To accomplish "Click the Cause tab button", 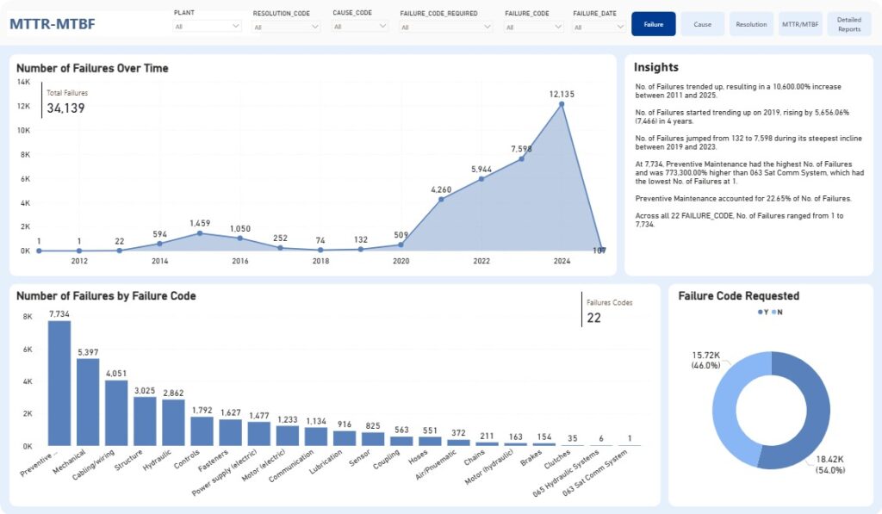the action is pos(703,24).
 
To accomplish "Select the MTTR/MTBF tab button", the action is pos(800,24).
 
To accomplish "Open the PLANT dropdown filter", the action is pos(207,27).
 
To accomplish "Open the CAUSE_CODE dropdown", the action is pos(360,27).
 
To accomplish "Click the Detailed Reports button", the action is pos(848,24).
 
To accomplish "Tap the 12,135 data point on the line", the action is pos(562,104).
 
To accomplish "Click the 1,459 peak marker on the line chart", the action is pos(200,233).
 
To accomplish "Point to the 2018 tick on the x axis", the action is pos(320,261).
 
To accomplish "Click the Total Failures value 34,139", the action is pos(65,108).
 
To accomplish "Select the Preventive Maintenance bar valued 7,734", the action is pos(59,383).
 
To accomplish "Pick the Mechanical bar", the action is pos(88,402).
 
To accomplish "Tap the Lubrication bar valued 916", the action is pos(345,438).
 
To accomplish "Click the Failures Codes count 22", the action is pos(594,318).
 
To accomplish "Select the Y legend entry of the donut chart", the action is pos(763,313).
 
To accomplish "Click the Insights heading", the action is pos(655,67).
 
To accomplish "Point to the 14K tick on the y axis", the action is pos(23,82).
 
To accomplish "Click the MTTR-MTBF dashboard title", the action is pos(53,24).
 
